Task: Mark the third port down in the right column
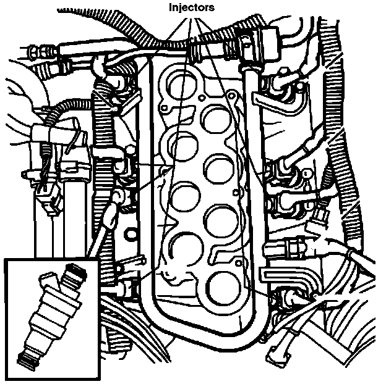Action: pos(218,220)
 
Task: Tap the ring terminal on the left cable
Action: pos(117,197)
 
